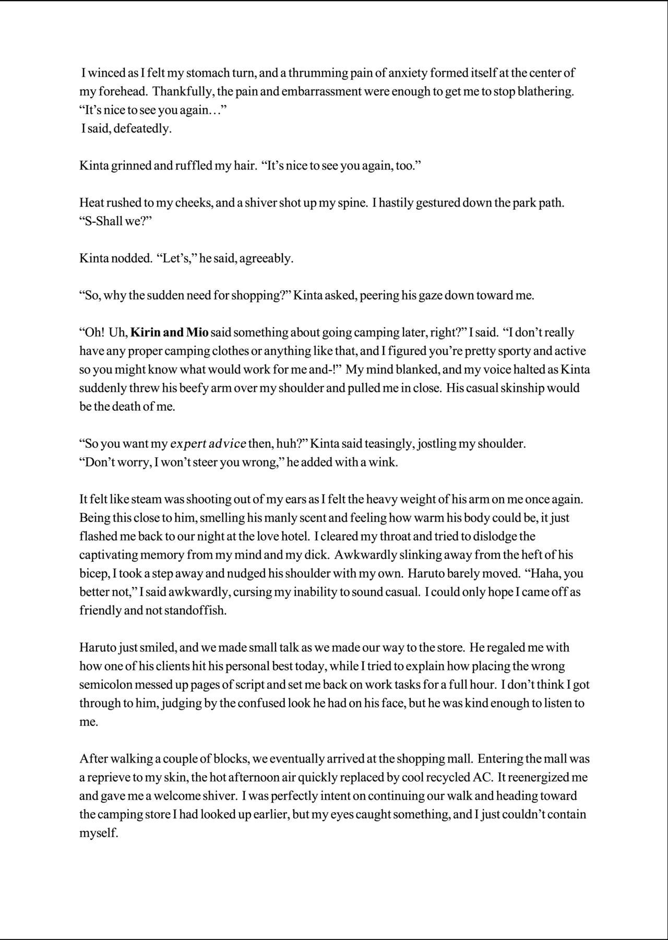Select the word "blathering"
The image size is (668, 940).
pos(545,92)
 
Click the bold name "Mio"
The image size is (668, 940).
pos(197,332)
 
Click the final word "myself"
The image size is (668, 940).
pos(98,834)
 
